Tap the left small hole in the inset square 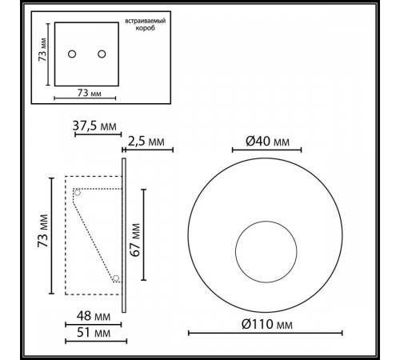click(x=72, y=54)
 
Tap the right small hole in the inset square click(x=102, y=54)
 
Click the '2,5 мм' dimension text click(x=147, y=142)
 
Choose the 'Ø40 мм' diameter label click(x=267, y=142)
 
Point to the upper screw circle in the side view click(x=78, y=192)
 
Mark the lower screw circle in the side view click(x=116, y=278)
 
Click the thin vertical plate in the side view click(x=124, y=235)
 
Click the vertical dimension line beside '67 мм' click(x=144, y=235)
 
